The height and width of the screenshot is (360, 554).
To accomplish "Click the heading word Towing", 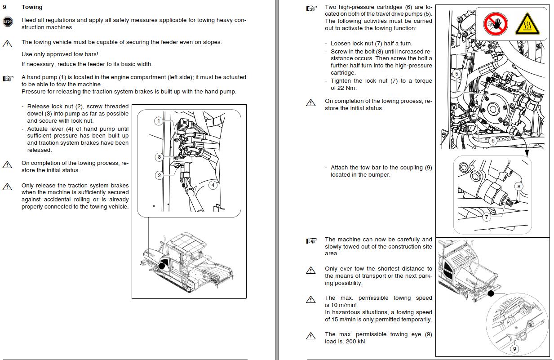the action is pos(32,7).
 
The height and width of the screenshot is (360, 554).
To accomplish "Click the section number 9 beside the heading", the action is pos(4,7).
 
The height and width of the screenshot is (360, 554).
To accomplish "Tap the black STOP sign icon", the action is pos(8,22).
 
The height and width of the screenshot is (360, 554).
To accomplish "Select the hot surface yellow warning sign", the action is pos(527,24).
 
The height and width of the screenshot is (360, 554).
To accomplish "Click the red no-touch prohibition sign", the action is pos(496,24).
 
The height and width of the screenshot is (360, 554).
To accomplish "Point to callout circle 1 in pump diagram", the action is pos(159,121).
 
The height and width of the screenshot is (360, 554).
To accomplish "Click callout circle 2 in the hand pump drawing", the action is pos(159,175).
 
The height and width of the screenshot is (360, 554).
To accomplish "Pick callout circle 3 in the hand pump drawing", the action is pos(159,157).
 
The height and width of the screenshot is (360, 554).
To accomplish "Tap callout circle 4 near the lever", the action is pos(213,185).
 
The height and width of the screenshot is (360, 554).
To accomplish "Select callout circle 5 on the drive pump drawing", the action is pos(456,74).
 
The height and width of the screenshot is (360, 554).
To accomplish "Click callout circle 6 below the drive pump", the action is pos(493,141).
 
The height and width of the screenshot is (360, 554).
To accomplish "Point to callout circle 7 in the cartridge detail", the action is pos(487,217).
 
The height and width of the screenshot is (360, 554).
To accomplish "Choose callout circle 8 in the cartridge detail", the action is pos(519,187).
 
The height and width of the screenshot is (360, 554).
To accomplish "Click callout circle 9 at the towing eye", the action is pos(514,349).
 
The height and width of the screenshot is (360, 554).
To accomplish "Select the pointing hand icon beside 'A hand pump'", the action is pos(8,79).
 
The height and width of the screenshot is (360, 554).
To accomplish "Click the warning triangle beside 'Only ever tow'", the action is pos(310,270).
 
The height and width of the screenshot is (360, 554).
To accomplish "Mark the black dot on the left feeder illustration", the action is pos(162,266).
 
